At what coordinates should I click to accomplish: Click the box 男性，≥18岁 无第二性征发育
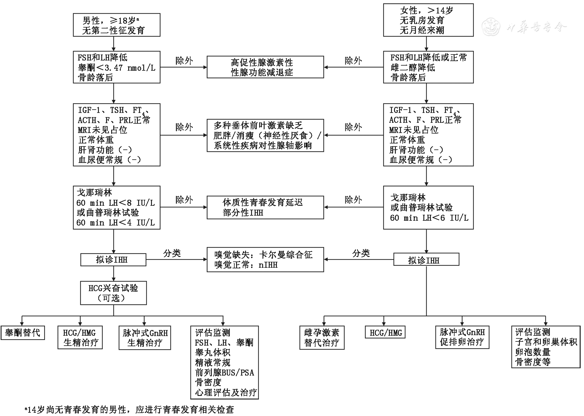coord(117,25)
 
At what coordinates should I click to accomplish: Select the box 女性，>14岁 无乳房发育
coord(428,20)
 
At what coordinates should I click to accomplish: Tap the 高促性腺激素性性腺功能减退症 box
coord(265,67)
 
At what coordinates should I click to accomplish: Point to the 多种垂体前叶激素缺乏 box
coord(265,135)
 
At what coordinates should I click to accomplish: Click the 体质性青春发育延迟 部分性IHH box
coord(265,207)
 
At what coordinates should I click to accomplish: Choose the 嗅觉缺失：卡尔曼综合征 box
coord(265,259)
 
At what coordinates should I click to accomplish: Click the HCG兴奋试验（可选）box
coord(113,293)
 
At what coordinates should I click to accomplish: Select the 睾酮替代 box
coord(23,333)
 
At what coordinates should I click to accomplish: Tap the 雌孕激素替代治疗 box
coord(322,338)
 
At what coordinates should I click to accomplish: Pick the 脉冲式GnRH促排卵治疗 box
coord(462,337)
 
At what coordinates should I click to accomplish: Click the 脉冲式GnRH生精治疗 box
coord(145,338)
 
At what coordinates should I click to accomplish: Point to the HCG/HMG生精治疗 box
coord(80,338)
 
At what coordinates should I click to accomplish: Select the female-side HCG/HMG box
coord(385,333)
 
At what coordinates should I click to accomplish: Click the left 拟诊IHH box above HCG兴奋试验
coord(113,260)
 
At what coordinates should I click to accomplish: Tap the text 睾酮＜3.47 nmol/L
coord(117,68)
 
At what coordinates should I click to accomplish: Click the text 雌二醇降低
coord(413,68)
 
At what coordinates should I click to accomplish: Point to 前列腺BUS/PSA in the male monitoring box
coord(224,373)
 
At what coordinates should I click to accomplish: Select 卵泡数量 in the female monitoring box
coord(532,352)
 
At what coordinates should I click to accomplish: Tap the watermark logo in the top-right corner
coord(491,27)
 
